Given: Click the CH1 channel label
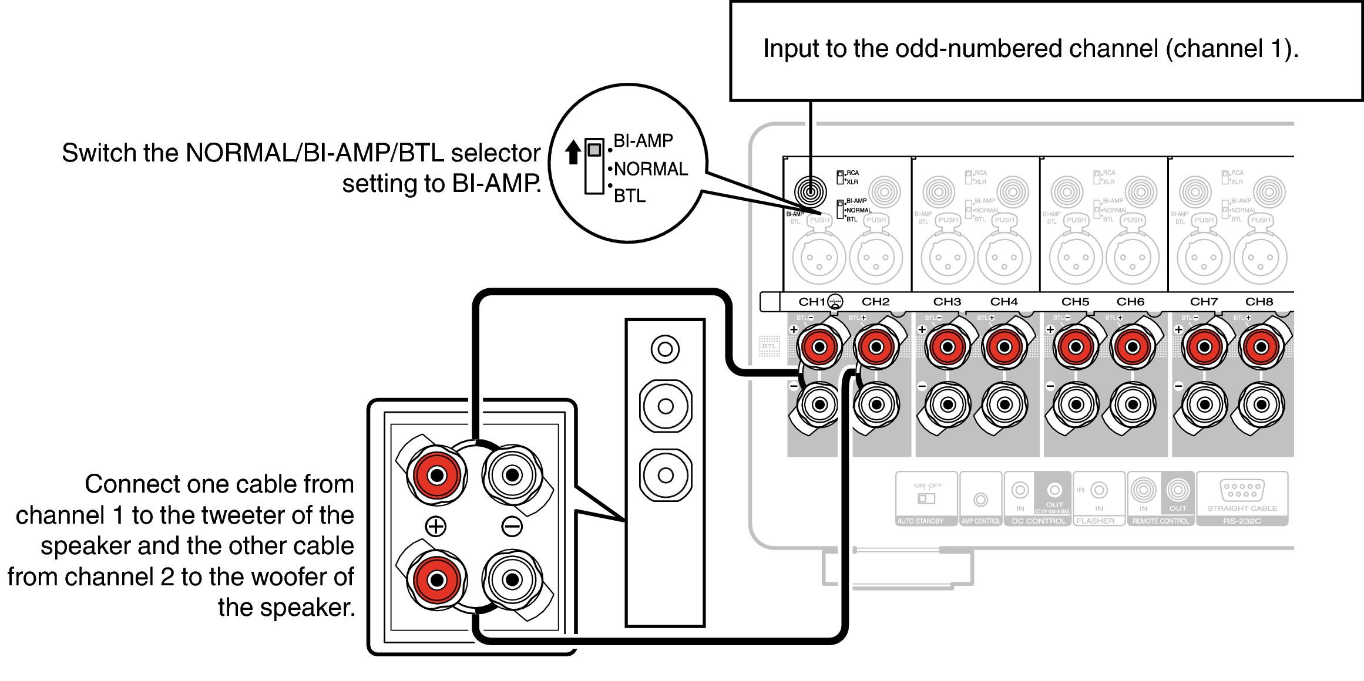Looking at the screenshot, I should (812, 302).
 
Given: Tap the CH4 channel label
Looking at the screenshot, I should (1004, 302).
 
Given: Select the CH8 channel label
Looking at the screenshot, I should (1259, 302).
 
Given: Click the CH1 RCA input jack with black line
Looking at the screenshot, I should (810, 191).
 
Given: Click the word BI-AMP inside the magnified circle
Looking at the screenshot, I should (643, 141).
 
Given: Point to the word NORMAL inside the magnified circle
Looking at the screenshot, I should (650, 169).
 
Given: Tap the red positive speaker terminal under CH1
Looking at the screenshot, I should (819, 347).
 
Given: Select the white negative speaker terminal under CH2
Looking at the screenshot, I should (876, 404).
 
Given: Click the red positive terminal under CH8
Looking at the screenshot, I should (1261, 347).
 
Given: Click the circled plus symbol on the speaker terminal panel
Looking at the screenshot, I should (436, 527).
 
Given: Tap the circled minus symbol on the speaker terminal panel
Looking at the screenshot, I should (512, 527).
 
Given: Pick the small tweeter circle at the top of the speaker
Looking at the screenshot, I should (665, 349).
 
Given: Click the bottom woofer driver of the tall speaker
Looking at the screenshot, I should (665, 475).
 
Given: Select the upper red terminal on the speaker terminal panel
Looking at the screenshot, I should (436, 475).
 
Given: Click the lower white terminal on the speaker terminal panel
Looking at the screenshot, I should (512, 580).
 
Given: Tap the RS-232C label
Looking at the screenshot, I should (1242, 521).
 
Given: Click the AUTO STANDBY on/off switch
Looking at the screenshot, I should (926, 498).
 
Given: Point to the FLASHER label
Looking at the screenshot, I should (1095, 521).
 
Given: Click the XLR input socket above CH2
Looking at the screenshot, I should (876, 257).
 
